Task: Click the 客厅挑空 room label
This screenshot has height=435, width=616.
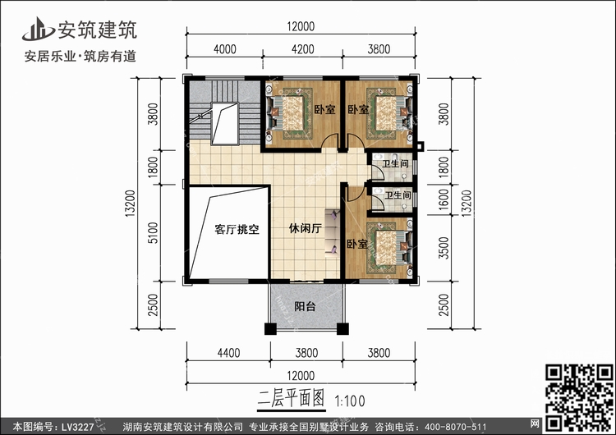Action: [237, 229]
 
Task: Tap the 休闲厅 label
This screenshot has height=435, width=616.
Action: [306, 228]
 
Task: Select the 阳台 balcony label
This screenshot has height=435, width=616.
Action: [305, 306]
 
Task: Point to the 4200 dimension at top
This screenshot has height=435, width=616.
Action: [303, 49]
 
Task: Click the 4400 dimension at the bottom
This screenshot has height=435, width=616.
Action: [228, 353]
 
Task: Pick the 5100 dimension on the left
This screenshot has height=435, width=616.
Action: [153, 232]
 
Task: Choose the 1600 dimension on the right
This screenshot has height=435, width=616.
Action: [444, 199]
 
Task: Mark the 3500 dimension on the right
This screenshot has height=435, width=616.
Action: [444, 248]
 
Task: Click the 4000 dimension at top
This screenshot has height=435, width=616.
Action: [225, 49]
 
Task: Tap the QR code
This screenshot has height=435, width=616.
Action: [579, 398]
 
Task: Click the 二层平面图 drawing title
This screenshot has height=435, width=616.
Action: [291, 399]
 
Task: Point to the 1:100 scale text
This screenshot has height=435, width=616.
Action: [350, 401]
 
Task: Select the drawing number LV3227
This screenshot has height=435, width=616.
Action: [77, 427]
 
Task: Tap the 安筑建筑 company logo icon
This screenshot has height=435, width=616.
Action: [38, 29]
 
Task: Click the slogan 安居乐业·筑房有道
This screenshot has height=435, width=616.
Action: [80, 56]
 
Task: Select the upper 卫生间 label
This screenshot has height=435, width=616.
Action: [395, 163]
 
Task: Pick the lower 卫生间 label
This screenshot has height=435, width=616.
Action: [398, 195]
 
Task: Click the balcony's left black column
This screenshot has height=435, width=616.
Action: [270, 328]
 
